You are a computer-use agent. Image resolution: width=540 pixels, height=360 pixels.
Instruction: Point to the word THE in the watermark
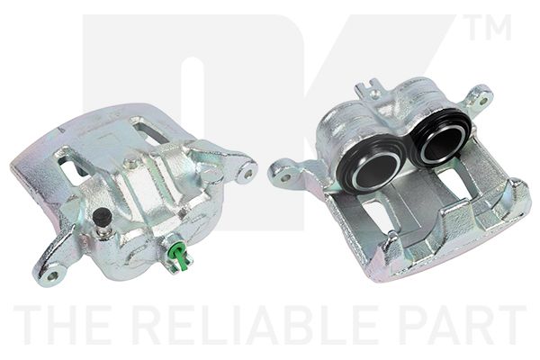(x=66, y=325)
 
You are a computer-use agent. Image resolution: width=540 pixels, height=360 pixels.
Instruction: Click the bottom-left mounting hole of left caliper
(x=52, y=275)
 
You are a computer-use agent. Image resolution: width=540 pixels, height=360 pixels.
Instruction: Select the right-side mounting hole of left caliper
(x=248, y=173)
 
